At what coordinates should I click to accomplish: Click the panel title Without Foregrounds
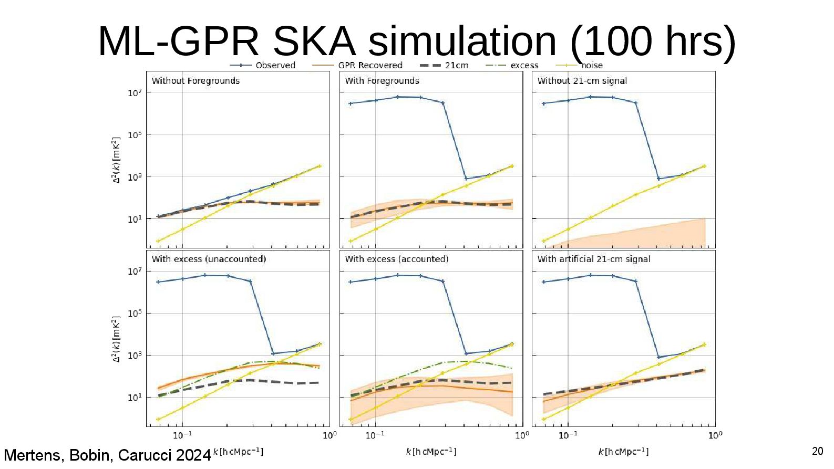pos(195,81)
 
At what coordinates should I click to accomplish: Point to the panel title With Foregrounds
pos(382,81)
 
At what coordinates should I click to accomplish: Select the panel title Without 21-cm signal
pos(582,81)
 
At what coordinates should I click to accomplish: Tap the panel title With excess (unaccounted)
pos(209,259)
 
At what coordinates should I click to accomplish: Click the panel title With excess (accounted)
pos(397,259)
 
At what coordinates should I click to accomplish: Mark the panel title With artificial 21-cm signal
pos(594,259)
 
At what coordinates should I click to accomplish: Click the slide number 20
pos(817,451)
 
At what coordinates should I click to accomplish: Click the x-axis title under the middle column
pos(431,452)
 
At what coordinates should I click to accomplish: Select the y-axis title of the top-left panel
pos(116,160)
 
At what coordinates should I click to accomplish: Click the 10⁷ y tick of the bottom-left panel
pos(135,272)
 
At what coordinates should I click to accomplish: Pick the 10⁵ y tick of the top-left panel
pos(135,135)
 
